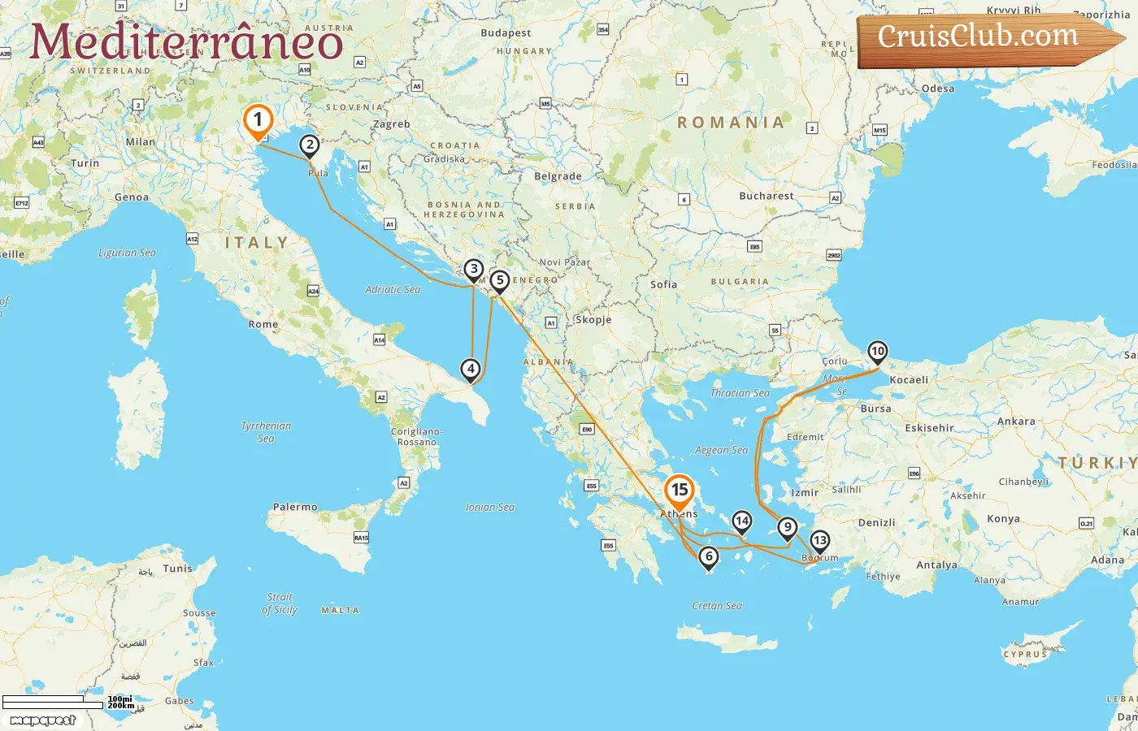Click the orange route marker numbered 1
click(x=258, y=121)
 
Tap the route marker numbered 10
click(x=877, y=352)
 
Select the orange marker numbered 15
click(x=679, y=490)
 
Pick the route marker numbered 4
click(x=471, y=369)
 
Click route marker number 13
click(x=819, y=540)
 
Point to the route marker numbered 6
click(x=709, y=556)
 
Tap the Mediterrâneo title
click(x=186, y=41)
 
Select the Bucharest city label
click(x=767, y=196)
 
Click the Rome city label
click(x=263, y=324)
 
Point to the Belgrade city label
click(x=558, y=176)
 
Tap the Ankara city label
click(x=1016, y=422)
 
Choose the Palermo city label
click(x=295, y=507)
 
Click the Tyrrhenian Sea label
click(x=266, y=431)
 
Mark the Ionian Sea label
click(x=490, y=507)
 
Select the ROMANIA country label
click(x=732, y=123)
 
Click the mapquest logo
click(x=43, y=720)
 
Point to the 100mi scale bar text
click(x=119, y=699)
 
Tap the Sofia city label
click(x=663, y=284)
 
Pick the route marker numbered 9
click(x=787, y=527)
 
